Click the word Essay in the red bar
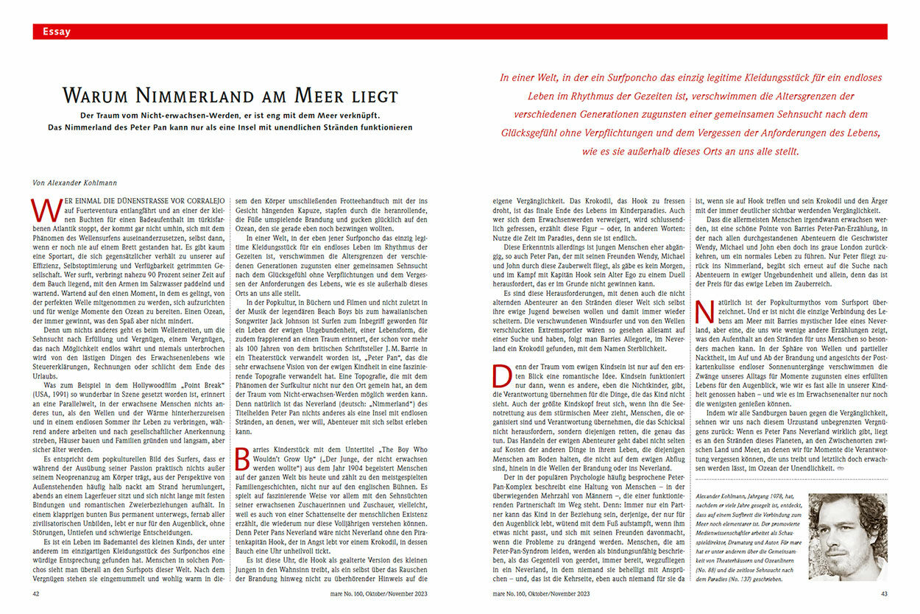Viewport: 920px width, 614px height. click(x=57, y=31)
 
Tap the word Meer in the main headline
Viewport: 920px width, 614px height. click(x=322, y=96)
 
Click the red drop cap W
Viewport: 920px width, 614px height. click(x=42, y=211)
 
